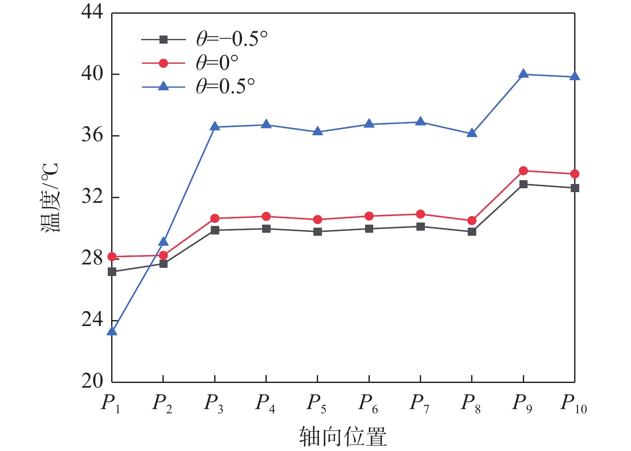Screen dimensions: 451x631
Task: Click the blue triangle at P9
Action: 523,74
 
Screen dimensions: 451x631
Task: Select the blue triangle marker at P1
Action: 112,331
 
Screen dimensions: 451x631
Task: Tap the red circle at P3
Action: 215,218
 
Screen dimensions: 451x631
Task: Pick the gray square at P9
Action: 523,184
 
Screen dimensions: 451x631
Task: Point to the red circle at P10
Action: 575,174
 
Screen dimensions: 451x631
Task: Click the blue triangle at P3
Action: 215,127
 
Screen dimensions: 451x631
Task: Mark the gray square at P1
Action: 112,272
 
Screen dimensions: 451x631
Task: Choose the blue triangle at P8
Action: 472,133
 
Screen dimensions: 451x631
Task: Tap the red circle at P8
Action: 472,221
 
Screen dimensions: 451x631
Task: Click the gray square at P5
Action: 318,232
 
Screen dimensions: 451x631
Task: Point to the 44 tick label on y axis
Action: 92,13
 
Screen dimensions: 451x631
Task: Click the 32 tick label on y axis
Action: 92,197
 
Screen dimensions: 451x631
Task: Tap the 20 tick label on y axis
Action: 92,381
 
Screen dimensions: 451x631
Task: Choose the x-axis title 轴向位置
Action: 343,436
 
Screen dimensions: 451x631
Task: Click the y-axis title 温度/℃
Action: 50,197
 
